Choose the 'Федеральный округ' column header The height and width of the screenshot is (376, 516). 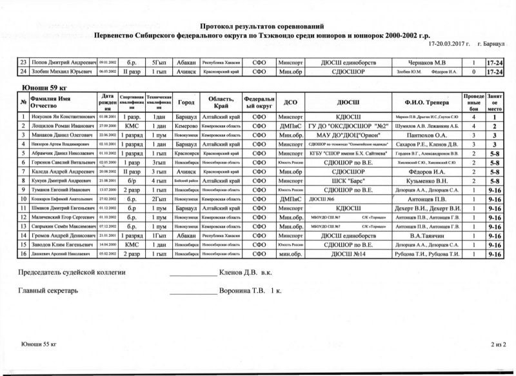pos(259,103)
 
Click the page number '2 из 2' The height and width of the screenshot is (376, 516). pos(498,346)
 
